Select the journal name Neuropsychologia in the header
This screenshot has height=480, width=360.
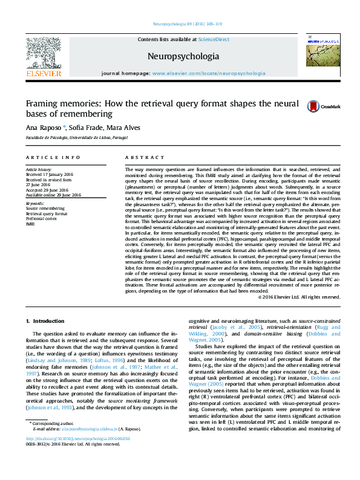[183, 56]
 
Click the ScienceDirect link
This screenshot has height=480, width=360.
[214, 39]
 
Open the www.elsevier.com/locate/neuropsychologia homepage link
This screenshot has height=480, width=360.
[209, 73]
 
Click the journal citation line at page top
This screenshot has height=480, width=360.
[188, 24]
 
